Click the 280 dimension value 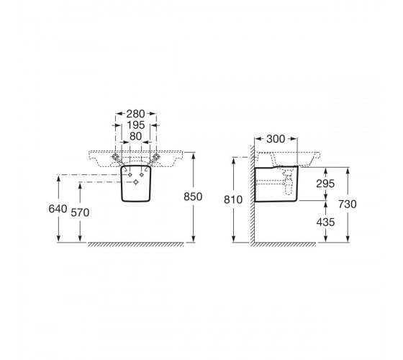pos(136,114)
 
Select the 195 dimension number pos(136,125)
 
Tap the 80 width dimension pos(135,136)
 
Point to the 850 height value pos(193,197)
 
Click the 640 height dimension pos(58,209)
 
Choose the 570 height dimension pos(80,212)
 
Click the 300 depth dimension pos(276,139)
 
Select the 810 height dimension pos(233,200)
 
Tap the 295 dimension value pos(325,184)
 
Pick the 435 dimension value pos(325,222)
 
